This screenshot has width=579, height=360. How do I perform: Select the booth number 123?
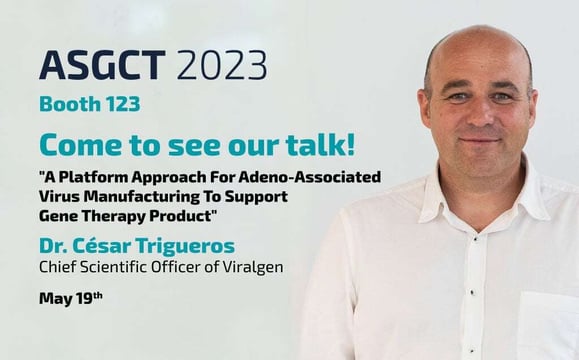121,104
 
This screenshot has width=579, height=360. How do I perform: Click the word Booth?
69,104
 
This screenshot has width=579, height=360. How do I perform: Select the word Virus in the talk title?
61,197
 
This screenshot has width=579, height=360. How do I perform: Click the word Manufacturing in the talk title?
142,197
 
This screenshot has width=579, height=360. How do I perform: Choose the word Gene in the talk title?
59,216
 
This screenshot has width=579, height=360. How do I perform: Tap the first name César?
104,245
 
